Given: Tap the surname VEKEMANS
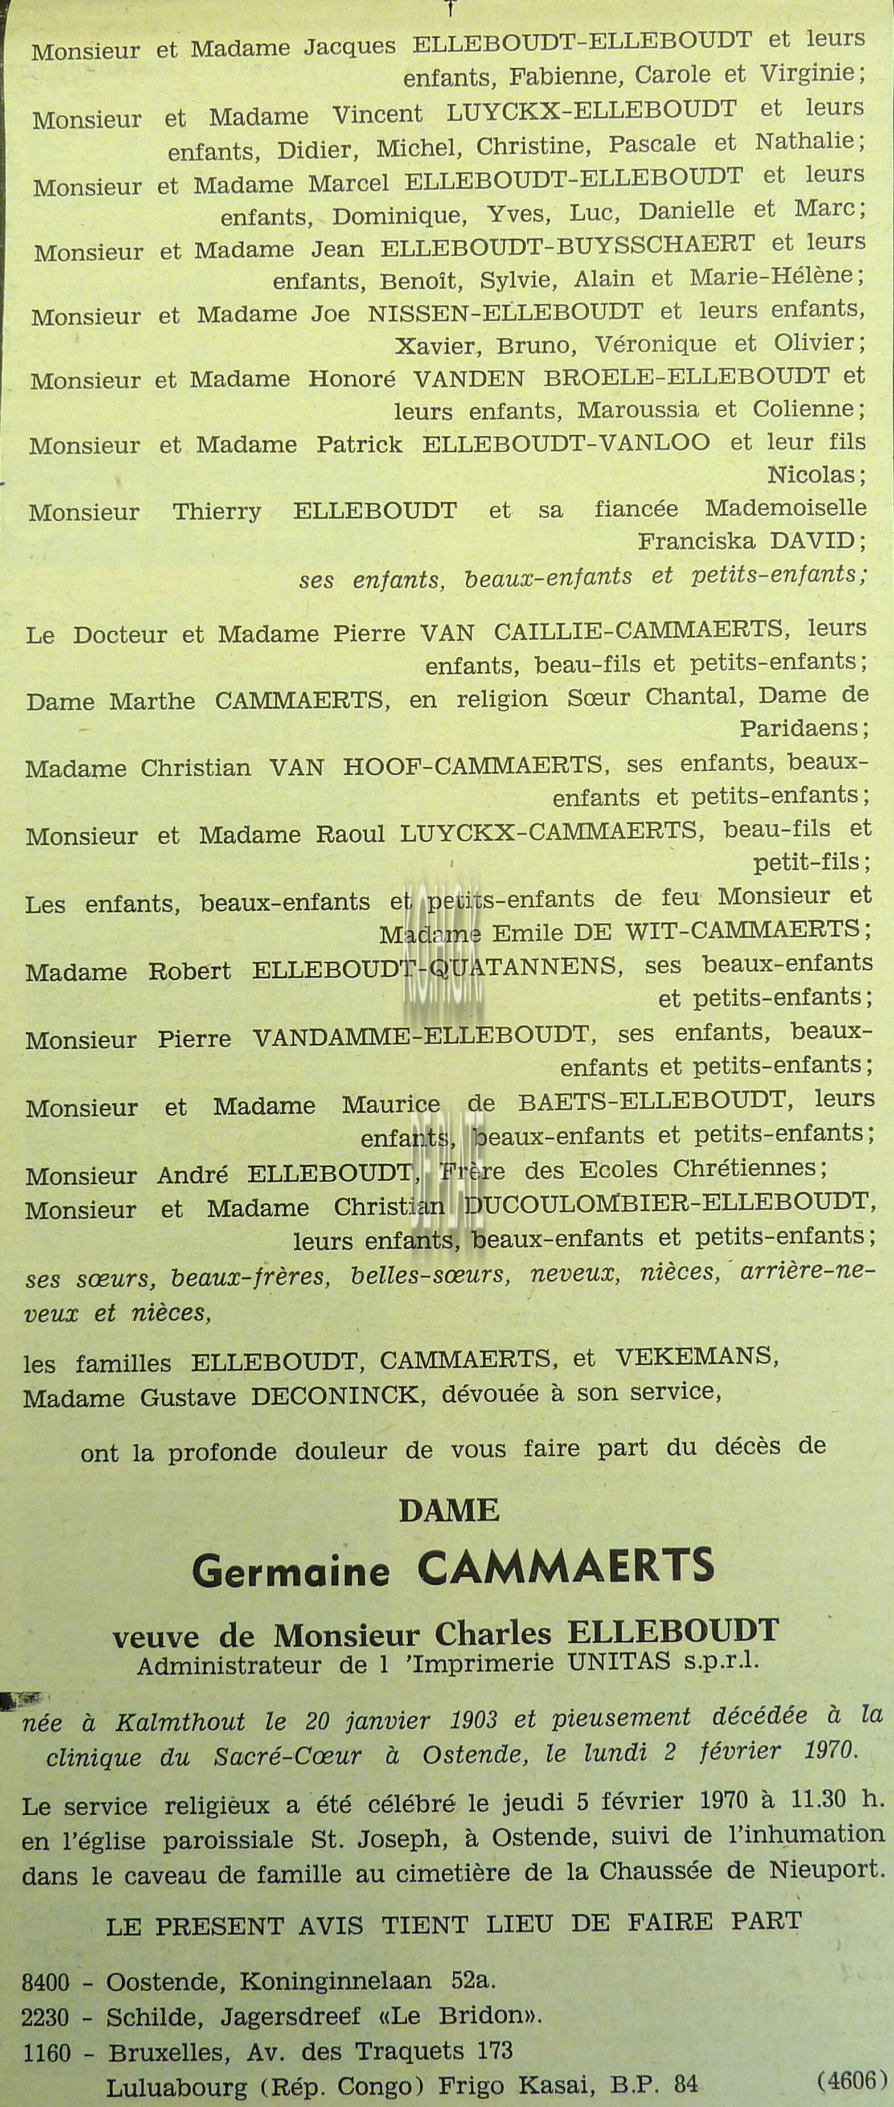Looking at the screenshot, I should tap(696, 1357).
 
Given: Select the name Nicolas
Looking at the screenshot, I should tap(815, 474).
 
